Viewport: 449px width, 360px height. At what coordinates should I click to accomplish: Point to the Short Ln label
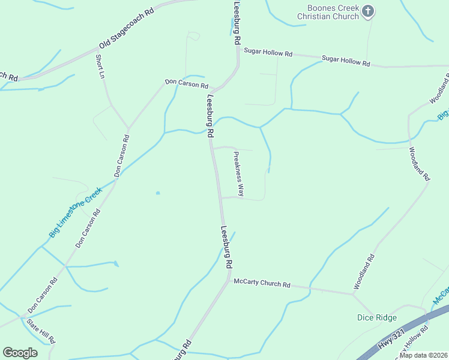point(100,67)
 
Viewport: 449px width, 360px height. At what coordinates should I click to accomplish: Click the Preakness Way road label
point(238,173)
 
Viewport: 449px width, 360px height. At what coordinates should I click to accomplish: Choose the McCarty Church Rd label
point(262,283)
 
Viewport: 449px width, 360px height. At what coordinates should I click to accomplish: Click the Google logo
point(20,353)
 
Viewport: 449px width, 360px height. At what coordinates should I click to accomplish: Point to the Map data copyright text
point(423,355)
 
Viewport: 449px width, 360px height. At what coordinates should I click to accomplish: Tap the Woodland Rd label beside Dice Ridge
point(364,272)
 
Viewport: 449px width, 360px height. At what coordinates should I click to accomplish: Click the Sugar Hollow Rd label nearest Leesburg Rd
point(273,53)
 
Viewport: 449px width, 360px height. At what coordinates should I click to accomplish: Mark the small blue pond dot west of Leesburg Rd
point(157,193)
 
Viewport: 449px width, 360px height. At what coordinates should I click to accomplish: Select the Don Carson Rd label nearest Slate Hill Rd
point(43,295)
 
